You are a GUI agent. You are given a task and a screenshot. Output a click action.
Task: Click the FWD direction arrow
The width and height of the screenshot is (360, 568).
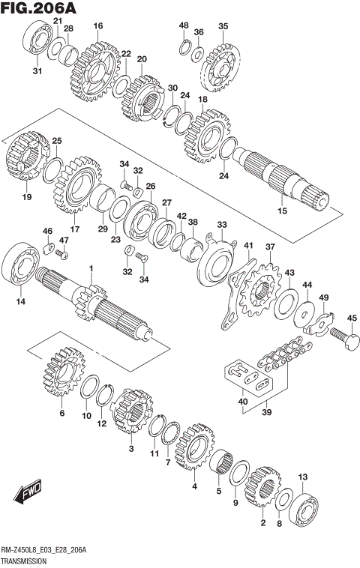coord(26,495)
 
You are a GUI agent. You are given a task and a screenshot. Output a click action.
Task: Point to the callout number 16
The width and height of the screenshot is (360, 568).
coord(98,26)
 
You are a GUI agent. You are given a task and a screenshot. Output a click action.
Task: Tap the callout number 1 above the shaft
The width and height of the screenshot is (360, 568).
coord(91,268)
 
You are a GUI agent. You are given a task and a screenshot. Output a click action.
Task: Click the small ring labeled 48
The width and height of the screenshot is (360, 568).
coord(184,47)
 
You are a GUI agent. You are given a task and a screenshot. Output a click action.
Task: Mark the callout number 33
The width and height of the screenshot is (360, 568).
coord(221,224)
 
